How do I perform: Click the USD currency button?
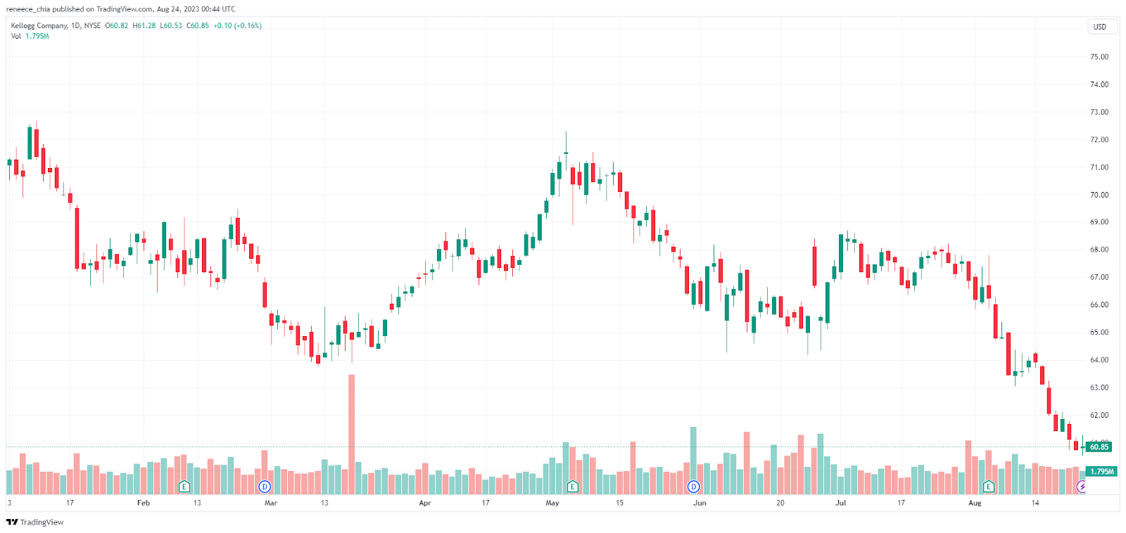pos(1099,27)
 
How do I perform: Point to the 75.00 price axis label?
pos(1099,57)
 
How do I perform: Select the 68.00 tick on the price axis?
pos(1099,250)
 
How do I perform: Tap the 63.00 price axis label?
pos(1099,387)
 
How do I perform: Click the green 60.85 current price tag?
pos(1099,447)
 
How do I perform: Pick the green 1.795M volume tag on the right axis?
pos(1101,471)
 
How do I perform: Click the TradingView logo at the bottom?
pos(34,522)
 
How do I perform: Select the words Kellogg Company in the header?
pos(39,26)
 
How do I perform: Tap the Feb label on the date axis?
pos(144,503)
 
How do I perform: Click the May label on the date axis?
pos(552,503)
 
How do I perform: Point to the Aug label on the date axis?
pos(975,503)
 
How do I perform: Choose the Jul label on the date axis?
pos(841,503)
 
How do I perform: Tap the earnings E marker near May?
pos(573,487)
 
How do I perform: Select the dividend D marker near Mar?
pos(265,487)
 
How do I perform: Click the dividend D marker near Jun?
pos(694,487)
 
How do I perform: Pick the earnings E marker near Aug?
pos(989,487)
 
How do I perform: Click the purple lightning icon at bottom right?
pos(1082,487)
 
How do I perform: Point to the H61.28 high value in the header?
pos(144,26)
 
